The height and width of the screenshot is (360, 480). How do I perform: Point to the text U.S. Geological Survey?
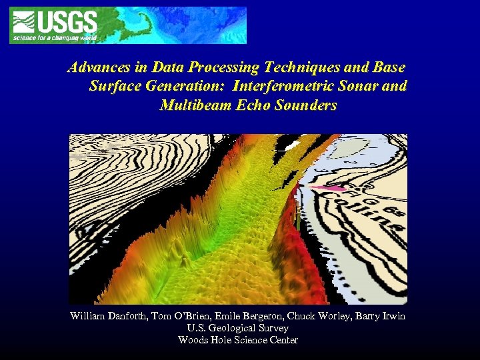(239, 328)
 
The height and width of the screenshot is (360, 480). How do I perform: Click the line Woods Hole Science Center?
(238, 340)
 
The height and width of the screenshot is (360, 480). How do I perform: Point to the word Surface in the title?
(110, 87)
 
